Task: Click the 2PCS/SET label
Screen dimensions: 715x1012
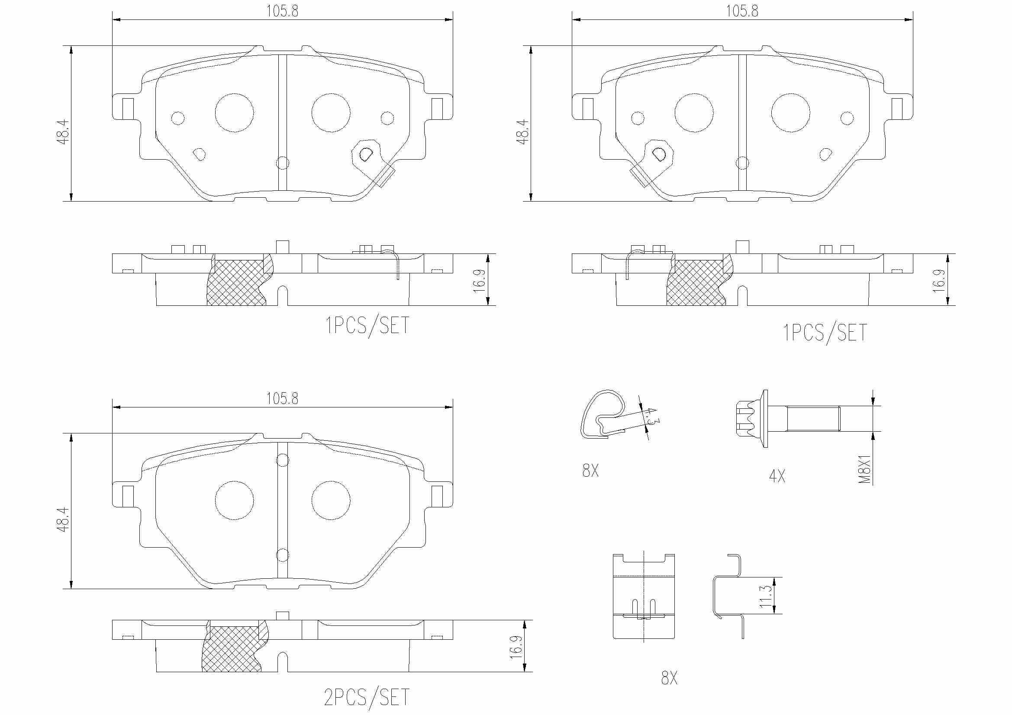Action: pos(367,697)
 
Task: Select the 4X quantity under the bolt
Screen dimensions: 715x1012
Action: pos(777,476)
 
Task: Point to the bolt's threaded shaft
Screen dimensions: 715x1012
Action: pos(812,419)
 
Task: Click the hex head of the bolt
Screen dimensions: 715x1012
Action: pos(745,419)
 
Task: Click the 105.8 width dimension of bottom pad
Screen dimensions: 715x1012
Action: pos(282,399)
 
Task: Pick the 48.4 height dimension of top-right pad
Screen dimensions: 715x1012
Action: pos(523,131)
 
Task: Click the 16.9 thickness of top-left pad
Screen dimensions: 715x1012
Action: pos(480,279)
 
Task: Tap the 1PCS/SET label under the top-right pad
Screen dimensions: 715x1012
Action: pos(825,333)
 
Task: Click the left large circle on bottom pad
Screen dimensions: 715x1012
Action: pos(234,500)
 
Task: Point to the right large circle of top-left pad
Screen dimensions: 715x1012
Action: pos(331,112)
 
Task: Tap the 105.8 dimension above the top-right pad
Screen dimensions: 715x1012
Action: pos(742,11)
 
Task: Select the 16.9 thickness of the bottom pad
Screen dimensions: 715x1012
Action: pos(516,646)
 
